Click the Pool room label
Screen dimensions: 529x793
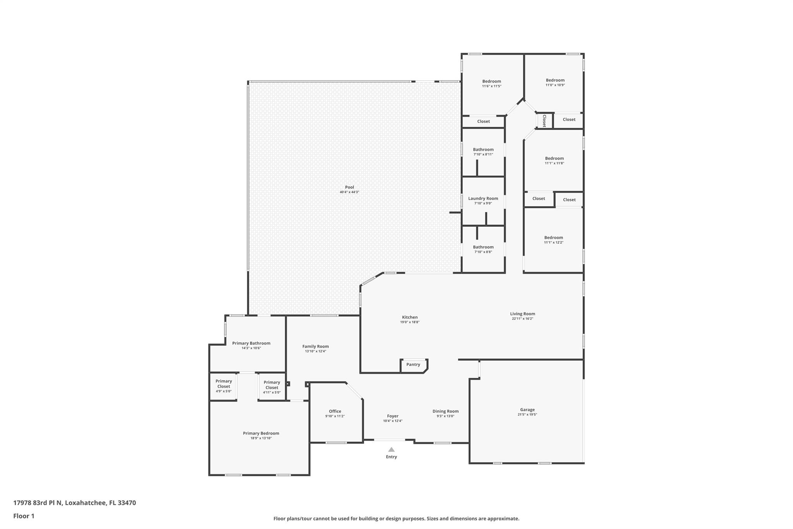click(x=349, y=187)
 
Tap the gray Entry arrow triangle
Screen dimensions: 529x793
click(x=391, y=450)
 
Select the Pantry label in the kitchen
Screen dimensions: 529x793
click(x=413, y=365)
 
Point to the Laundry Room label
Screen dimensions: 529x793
click(x=483, y=198)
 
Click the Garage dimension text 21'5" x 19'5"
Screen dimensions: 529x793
click(x=527, y=415)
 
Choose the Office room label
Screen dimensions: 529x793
click(x=335, y=411)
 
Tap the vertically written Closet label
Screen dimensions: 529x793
click(x=544, y=121)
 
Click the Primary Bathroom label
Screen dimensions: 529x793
click(x=251, y=343)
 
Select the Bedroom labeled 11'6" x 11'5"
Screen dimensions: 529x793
click(x=491, y=81)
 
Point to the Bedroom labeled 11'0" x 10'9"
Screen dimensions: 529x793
click(x=555, y=80)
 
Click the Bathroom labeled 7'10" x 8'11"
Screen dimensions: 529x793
click(x=483, y=150)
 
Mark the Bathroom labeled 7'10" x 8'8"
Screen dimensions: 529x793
click(x=483, y=247)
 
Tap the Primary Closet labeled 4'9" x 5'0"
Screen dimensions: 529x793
click(x=223, y=384)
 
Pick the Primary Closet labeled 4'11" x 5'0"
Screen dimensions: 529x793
click(x=271, y=385)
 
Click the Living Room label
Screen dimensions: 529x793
click(x=522, y=314)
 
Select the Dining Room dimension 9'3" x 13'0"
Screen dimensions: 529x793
click(x=445, y=416)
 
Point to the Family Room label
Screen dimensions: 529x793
click(x=315, y=346)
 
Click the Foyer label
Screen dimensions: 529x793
click(x=393, y=416)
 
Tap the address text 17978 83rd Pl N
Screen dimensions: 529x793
click(x=38, y=503)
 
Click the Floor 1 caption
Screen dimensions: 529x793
click(x=24, y=516)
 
